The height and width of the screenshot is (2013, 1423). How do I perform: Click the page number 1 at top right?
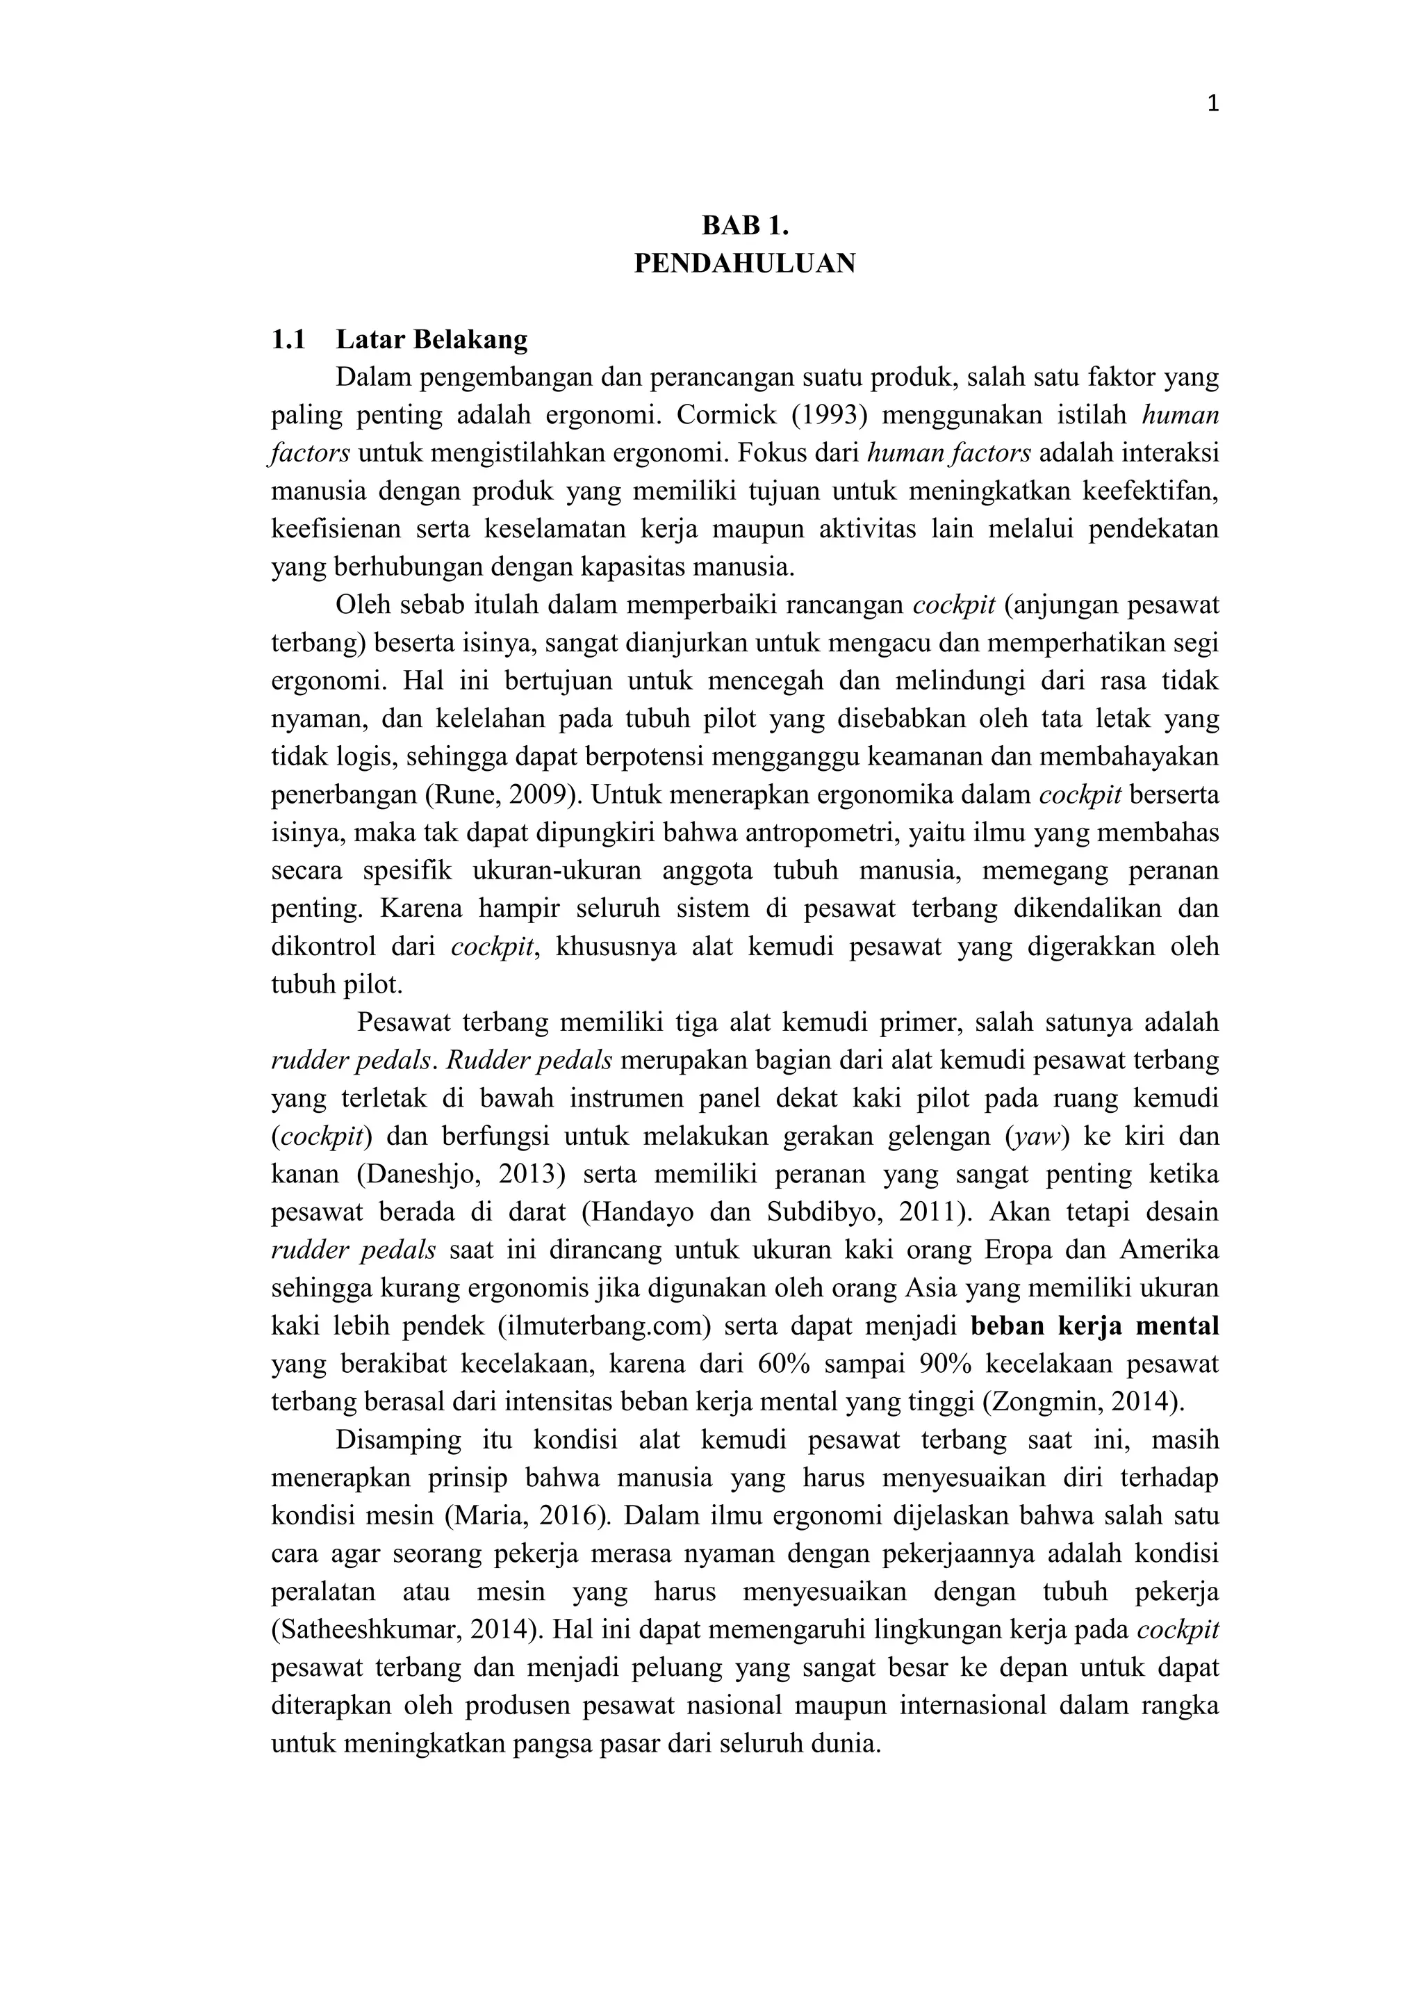coord(1212,104)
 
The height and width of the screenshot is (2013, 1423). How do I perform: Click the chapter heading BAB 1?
coord(745,225)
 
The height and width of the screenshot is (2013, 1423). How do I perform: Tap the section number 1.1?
coord(288,339)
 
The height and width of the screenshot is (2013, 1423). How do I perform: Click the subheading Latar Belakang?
coord(432,339)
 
